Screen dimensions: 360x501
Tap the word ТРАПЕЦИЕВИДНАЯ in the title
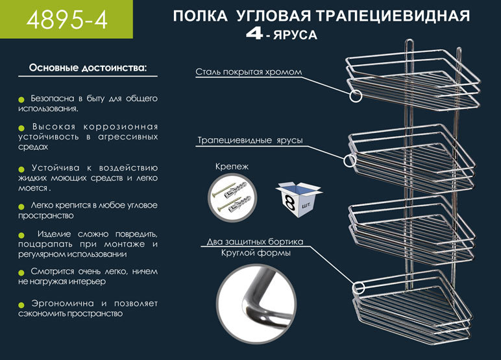click(397, 16)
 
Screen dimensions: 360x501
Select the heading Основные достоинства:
click(88, 68)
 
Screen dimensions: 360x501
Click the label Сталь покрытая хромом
click(249, 71)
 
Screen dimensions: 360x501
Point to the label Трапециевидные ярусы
click(250, 140)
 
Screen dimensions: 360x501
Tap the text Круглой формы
click(255, 253)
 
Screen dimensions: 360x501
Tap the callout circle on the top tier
click(356, 97)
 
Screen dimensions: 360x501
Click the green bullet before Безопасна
click(21, 99)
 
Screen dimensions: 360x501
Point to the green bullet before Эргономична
click(21, 304)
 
